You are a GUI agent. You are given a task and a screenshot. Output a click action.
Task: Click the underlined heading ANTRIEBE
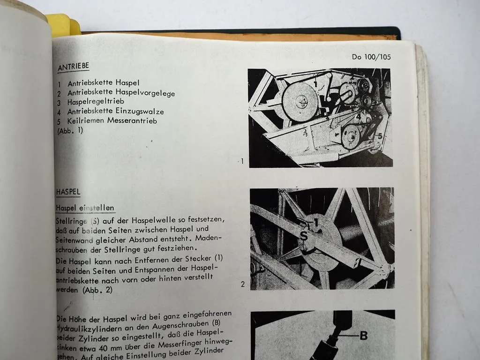[73, 67]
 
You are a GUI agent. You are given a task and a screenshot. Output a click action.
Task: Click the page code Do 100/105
[371, 57]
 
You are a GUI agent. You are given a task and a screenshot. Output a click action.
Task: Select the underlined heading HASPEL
[68, 192]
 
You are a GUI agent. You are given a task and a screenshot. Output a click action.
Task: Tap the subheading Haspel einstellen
[85, 208]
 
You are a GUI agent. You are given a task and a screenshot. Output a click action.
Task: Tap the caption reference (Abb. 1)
[70, 131]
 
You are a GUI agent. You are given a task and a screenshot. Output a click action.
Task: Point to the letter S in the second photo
[303, 237]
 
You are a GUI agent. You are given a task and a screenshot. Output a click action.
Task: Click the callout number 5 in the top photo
[379, 136]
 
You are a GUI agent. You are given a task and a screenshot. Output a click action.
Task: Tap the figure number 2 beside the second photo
[242, 284]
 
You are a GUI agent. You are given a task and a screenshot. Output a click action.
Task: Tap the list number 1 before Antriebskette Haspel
[60, 83]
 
